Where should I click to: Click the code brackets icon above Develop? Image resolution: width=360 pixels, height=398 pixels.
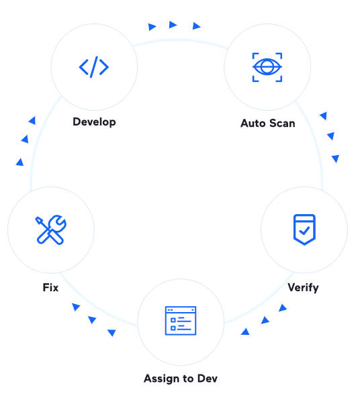(x=94, y=67)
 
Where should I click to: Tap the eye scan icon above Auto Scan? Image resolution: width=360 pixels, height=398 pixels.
(x=267, y=67)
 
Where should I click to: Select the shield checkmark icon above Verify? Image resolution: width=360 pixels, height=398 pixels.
(x=304, y=230)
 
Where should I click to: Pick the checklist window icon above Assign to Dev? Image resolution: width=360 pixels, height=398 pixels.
(x=181, y=321)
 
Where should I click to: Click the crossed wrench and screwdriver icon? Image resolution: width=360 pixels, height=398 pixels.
(x=51, y=230)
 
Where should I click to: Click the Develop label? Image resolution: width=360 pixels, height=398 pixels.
(x=94, y=122)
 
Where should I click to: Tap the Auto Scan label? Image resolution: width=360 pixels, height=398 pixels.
(x=268, y=123)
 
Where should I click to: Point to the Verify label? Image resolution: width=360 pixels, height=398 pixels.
(x=303, y=288)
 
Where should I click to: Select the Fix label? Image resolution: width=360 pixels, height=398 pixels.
(x=50, y=287)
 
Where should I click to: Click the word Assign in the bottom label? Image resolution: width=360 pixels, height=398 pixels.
(x=162, y=379)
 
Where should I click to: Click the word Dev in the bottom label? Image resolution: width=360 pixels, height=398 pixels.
(x=208, y=379)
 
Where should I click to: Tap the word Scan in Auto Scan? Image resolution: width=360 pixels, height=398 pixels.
(x=282, y=123)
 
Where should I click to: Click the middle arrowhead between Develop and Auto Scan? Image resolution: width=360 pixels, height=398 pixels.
(x=173, y=25)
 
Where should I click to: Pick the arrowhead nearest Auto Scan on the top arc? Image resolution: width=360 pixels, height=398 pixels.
(x=196, y=26)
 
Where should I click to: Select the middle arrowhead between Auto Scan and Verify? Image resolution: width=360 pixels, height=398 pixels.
(x=331, y=136)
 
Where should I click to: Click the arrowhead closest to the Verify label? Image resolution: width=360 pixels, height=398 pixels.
(x=283, y=308)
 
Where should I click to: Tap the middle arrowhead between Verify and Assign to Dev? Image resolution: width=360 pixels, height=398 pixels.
(x=265, y=320)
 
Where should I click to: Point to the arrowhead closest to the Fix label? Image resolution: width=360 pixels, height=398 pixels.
(x=76, y=307)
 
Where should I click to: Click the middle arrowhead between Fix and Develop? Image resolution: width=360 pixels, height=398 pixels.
(x=25, y=139)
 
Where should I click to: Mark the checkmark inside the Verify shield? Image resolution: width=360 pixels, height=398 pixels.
(x=304, y=230)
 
